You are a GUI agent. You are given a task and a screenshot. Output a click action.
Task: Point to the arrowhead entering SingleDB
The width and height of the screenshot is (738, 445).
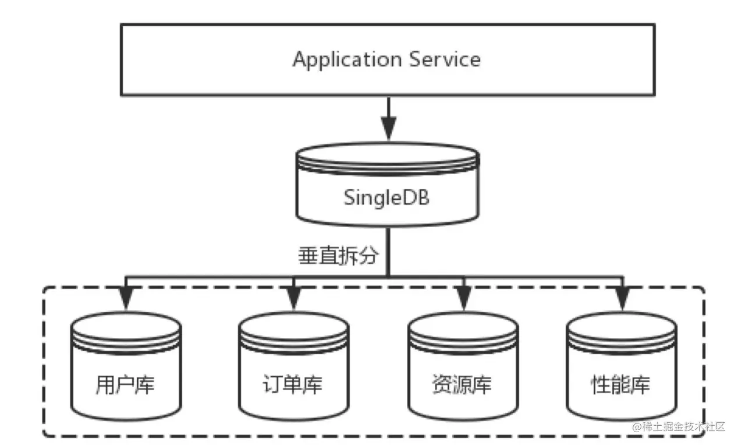tap(388, 126)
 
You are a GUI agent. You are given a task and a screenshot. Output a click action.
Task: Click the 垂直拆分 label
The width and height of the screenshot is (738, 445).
tap(339, 255)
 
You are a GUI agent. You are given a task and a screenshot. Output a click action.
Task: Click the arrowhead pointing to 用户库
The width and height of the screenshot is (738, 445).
tap(125, 300)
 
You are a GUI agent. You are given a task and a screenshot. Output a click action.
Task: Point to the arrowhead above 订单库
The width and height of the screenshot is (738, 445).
tap(293, 300)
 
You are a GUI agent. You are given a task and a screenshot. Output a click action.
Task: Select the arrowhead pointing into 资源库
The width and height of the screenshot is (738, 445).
tap(463, 300)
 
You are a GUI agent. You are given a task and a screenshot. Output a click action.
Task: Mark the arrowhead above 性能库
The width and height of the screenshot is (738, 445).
tap(622, 300)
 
